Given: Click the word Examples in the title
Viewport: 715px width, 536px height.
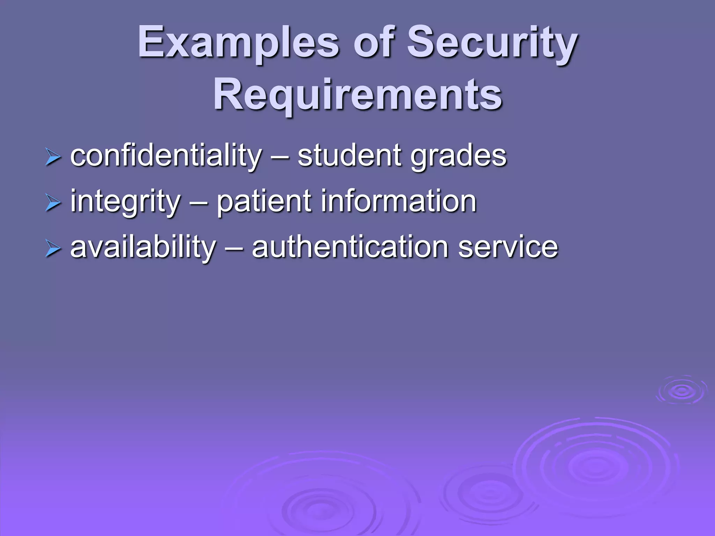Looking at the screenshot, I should [x=238, y=43].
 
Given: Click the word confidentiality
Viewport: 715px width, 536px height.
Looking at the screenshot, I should [x=166, y=156].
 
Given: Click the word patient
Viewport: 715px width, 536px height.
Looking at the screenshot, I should [x=264, y=202].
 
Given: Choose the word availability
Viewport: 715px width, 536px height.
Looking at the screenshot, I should [x=143, y=247].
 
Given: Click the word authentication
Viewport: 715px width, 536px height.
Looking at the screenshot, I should [x=350, y=247].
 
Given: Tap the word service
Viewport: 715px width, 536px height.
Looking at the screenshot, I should [x=508, y=247].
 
